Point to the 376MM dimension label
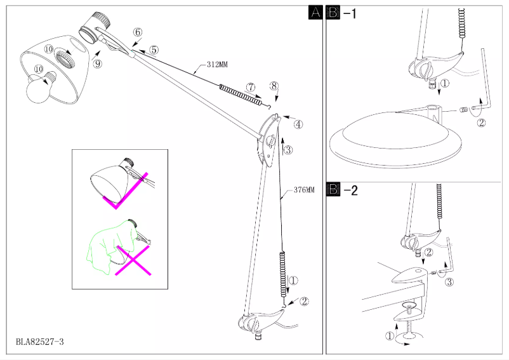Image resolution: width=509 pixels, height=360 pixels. pos(304,190)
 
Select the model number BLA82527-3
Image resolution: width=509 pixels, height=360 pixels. pos(40,342)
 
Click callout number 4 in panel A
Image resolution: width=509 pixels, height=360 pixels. pos(298,124)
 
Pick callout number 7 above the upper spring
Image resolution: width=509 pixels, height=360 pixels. pos(251,86)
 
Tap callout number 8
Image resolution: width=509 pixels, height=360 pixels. pos(274,86)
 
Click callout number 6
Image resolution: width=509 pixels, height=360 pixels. pos(138,32)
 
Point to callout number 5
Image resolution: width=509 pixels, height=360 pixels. pos(154,50)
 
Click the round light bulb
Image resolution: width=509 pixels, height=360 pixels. pos(37,91)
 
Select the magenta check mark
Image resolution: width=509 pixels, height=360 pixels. pos(130,190)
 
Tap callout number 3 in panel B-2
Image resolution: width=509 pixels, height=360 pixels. pos(449,281)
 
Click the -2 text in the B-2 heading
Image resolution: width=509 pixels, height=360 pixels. pos(350,190)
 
